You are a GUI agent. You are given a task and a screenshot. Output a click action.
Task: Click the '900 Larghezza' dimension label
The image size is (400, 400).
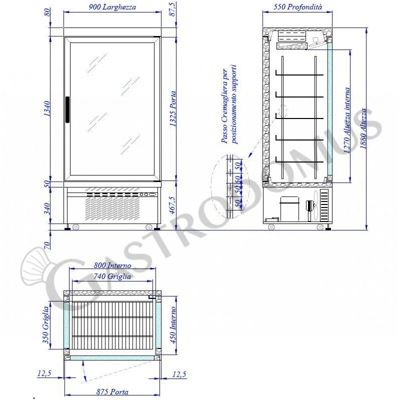[112, 7]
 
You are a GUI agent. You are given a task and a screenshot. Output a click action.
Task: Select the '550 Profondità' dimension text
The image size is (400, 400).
[298, 7]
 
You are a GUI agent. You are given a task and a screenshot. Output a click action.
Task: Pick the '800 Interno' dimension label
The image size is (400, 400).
[112, 266]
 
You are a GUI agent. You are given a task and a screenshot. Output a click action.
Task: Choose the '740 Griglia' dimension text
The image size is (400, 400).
[112, 276]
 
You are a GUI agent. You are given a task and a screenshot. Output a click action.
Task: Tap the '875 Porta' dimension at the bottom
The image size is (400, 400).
[112, 392]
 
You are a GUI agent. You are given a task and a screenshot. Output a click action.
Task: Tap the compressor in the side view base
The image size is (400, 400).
[289, 207]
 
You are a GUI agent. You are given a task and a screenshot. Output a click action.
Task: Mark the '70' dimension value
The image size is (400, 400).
[47, 245]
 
